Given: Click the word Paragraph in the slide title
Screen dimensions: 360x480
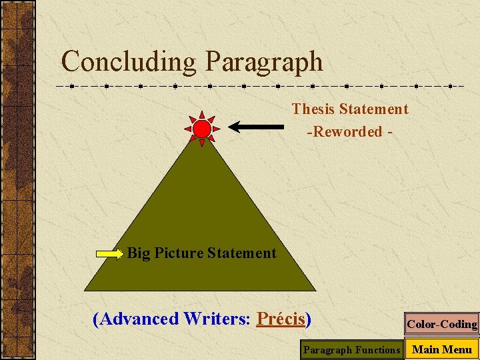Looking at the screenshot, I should coord(264,62).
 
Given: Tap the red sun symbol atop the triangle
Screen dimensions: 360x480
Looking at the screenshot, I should coord(202,128).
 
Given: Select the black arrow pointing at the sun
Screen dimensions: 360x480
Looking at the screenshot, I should coord(257,125).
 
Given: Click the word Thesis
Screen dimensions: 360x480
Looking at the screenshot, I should coord(313,109).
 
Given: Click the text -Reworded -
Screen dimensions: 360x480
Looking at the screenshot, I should coord(349,131).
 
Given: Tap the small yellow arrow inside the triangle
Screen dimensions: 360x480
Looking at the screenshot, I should coord(111,253).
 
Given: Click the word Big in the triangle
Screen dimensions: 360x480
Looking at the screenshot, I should coord(139,253).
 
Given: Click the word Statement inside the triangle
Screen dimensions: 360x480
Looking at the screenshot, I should coord(241,253).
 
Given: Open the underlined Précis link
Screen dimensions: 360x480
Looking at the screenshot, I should coord(281,319).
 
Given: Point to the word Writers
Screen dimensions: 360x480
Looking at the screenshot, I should coord(216,319).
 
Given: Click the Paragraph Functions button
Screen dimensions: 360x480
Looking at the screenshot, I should coord(351,349).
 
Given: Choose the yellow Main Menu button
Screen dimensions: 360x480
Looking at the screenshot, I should coord(442,349).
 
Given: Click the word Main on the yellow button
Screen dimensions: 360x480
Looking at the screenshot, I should coord(425,349).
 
